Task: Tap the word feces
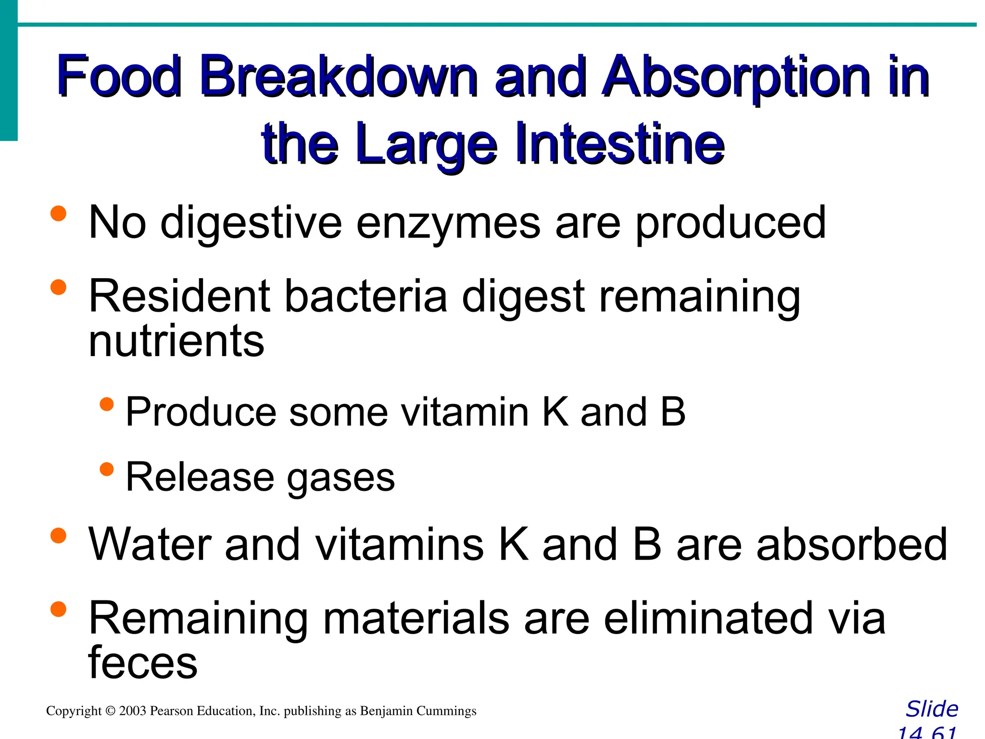click(143, 663)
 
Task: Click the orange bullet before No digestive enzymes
click(58, 213)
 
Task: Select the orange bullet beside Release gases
click(107, 469)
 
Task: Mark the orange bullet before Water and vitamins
click(58, 535)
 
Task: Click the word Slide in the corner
click(932, 709)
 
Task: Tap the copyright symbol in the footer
click(111, 711)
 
